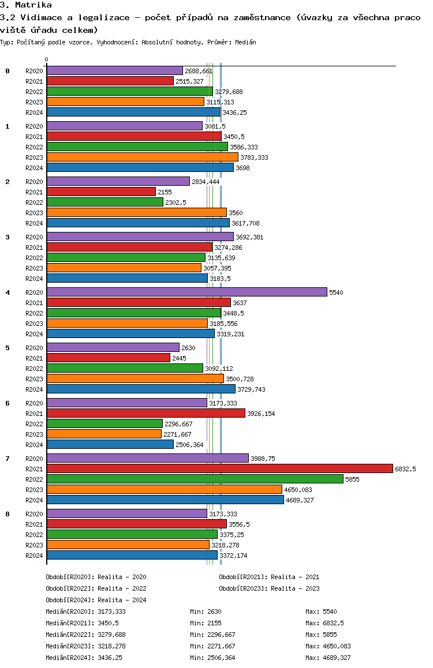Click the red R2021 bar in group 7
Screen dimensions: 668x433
pos(219,468)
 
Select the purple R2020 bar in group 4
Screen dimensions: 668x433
pos(186,292)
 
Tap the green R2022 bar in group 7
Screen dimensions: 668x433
pos(195,479)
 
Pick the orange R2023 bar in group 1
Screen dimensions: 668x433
pos(142,157)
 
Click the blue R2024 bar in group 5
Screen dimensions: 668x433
pos(141,389)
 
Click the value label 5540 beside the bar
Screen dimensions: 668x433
pos(336,292)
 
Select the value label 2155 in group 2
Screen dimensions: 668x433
pos(165,192)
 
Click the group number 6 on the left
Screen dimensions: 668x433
pos(8,403)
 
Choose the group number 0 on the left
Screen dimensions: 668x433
pos(8,71)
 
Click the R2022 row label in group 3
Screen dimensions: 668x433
pos(35,258)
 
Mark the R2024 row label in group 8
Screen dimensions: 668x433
pos(35,556)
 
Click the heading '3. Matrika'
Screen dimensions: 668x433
pos(26,5)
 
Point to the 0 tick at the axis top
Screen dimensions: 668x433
pos(47,59)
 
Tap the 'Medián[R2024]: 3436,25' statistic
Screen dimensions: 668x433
pos(85,658)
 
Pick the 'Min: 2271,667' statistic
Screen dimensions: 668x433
pos(212,646)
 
